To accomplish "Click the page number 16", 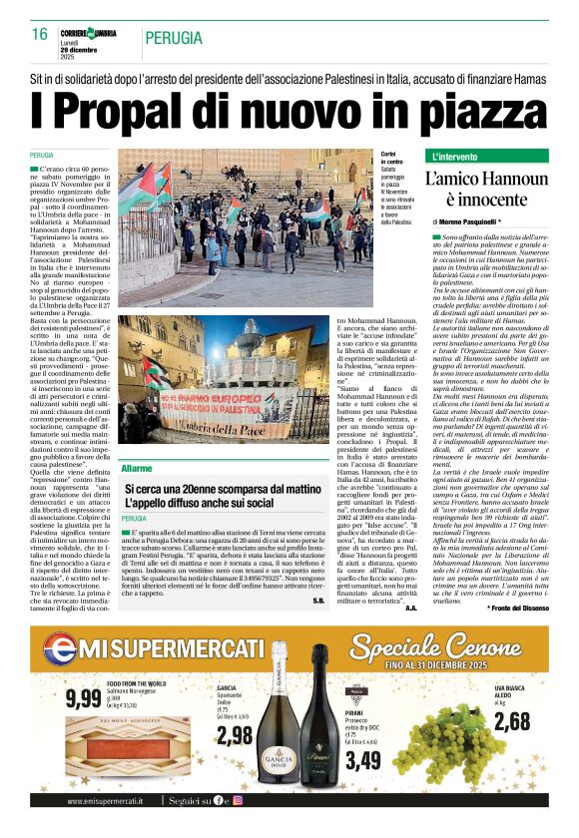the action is pyautogui.click(x=39, y=34).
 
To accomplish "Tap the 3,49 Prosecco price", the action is pyautogui.click(x=364, y=760).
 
